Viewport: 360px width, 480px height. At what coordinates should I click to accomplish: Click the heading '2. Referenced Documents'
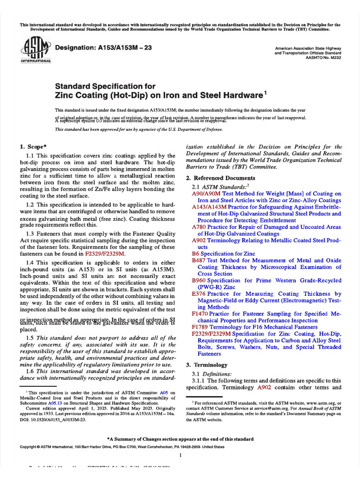click(221, 178)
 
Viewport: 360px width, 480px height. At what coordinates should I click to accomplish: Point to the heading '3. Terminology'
click(207, 365)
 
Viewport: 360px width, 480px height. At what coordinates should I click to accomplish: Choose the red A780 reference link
click(199, 226)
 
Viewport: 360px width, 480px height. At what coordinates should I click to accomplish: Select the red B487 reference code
click(199, 260)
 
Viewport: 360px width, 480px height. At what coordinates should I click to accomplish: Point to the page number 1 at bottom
click(180, 455)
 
